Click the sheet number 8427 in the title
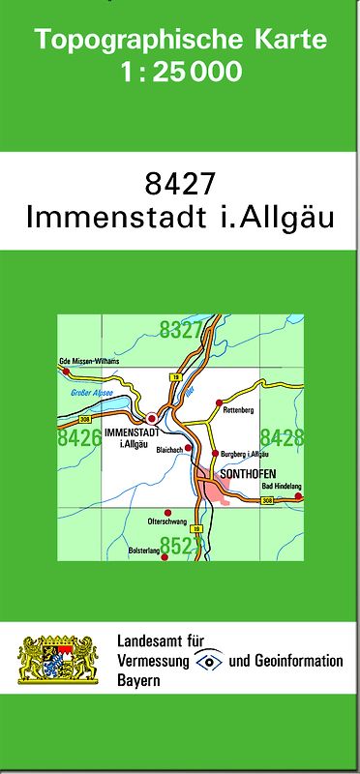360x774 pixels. click(x=181, y=183)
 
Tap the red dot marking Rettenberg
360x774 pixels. click(x=219, y=402)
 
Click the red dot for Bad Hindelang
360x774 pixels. click(x=298, y=495)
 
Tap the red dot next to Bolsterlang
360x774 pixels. click(x=164, y=556)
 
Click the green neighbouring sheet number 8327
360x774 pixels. click(x=181, y=331)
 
